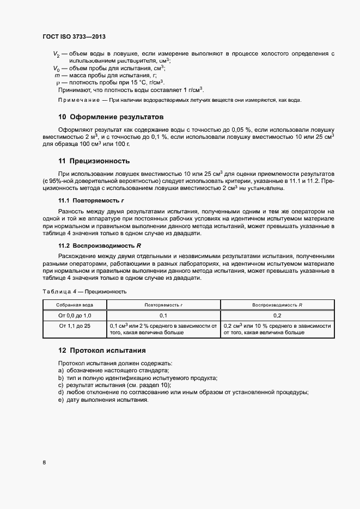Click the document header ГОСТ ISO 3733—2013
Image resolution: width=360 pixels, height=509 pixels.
point(74,36)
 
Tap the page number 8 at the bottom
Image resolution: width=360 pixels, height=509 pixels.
point(44,463)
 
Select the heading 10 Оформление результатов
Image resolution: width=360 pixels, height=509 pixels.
point(111,116)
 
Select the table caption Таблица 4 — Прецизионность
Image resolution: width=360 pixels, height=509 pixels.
point(84,291)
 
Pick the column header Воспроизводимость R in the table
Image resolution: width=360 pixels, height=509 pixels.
point(277,305)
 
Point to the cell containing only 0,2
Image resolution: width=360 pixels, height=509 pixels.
point(277,315)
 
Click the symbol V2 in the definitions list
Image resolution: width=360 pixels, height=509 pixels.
point(56,54)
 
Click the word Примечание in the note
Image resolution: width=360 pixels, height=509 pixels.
point(78,100)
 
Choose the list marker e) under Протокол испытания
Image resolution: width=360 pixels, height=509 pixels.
point(60,400)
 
